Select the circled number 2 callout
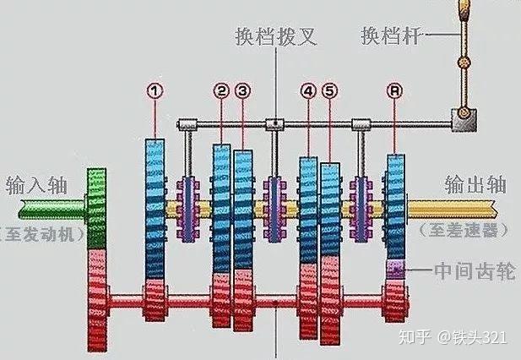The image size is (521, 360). tap(221, 90)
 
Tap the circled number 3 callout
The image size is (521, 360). tap(243, 90)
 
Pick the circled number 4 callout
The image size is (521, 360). tap(308, 90)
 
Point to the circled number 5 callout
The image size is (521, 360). tap(329, 90)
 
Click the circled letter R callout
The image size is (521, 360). tap(393, 90)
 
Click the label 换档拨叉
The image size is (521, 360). tap(275, 38)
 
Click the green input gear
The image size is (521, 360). tap(96, 207)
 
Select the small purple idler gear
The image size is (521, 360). tap(395, 270)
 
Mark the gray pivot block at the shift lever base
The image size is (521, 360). tap(463, 120)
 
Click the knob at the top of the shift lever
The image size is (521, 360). tap(463, 12)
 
